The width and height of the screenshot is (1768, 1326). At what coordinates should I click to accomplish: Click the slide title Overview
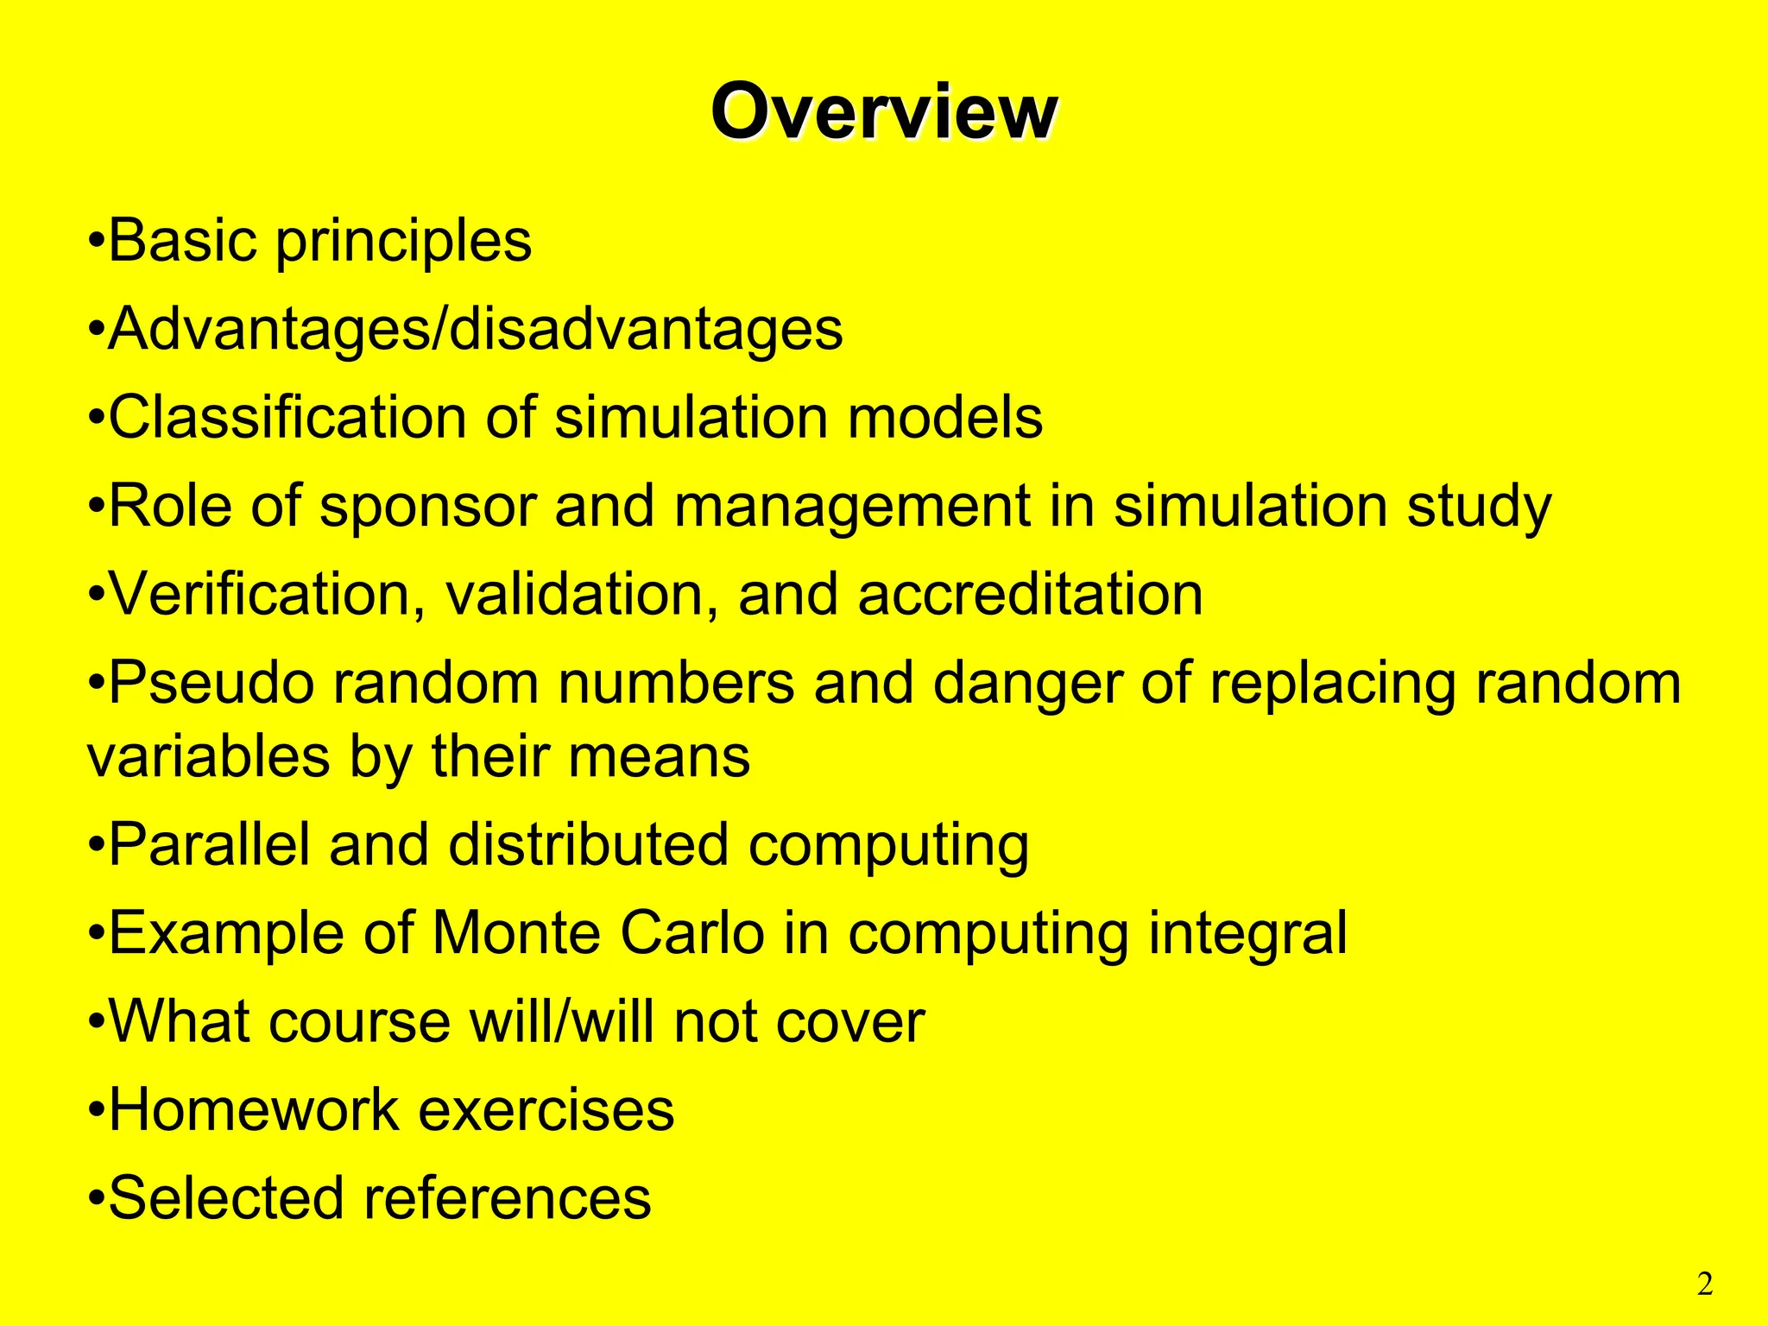[x=883, y=112]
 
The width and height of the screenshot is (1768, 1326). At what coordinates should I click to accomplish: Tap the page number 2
[x=1704, y=1285]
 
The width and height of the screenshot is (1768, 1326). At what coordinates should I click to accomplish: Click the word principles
[x=403, y=242]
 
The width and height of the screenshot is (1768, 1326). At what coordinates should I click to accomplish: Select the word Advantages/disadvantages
[x=475, y=330]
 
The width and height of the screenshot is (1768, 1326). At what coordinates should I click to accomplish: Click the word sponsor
[x=427, y=508]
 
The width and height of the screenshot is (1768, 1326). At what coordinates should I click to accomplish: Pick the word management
[x=852, y=508]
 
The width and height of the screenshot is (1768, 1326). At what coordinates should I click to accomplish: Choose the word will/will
[x=562, y=1022]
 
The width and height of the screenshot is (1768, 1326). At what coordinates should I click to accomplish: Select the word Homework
[x=254, y=1110]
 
